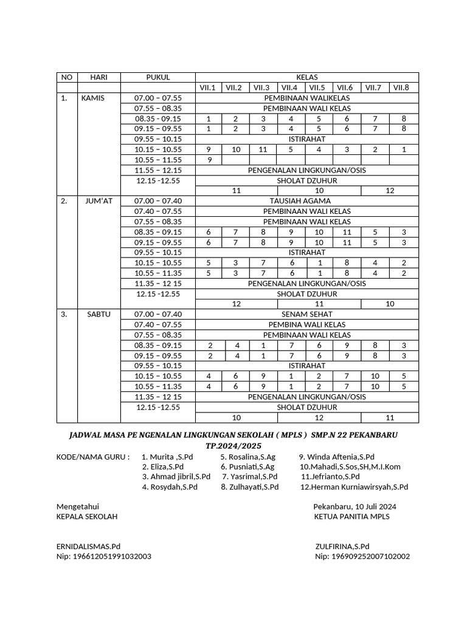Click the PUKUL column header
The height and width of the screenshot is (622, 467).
point(158,77)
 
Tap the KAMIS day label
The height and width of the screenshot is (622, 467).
point(93,98)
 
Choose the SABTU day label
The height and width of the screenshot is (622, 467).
point(94,314)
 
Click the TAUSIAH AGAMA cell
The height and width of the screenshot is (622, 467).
point(306,201)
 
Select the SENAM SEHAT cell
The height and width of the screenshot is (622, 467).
point(306,314)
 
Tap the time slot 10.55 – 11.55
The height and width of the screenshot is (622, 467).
point(158,160)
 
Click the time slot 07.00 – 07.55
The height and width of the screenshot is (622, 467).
point(158,98)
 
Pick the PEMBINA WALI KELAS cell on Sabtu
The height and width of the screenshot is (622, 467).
point(306,324)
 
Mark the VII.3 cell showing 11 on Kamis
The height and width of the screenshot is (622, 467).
point(263,149)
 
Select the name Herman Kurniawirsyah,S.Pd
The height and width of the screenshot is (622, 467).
point(359,487)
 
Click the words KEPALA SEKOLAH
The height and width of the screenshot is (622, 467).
point(87,516)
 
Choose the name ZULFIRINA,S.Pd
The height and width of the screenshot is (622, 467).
point(342,546)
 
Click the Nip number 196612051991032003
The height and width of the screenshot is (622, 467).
point(104,556)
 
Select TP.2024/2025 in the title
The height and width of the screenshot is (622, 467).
point(233,446)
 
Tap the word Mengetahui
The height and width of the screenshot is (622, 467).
point(78,506)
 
